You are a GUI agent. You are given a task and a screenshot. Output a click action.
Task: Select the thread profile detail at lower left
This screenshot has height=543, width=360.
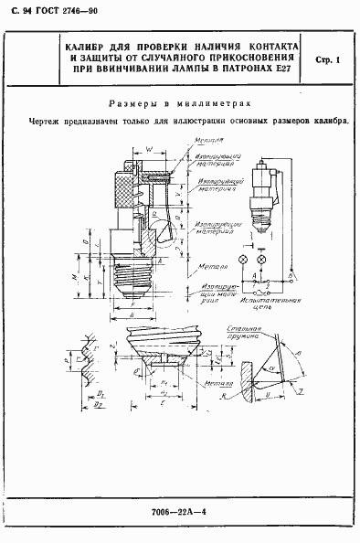[84, 370]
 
